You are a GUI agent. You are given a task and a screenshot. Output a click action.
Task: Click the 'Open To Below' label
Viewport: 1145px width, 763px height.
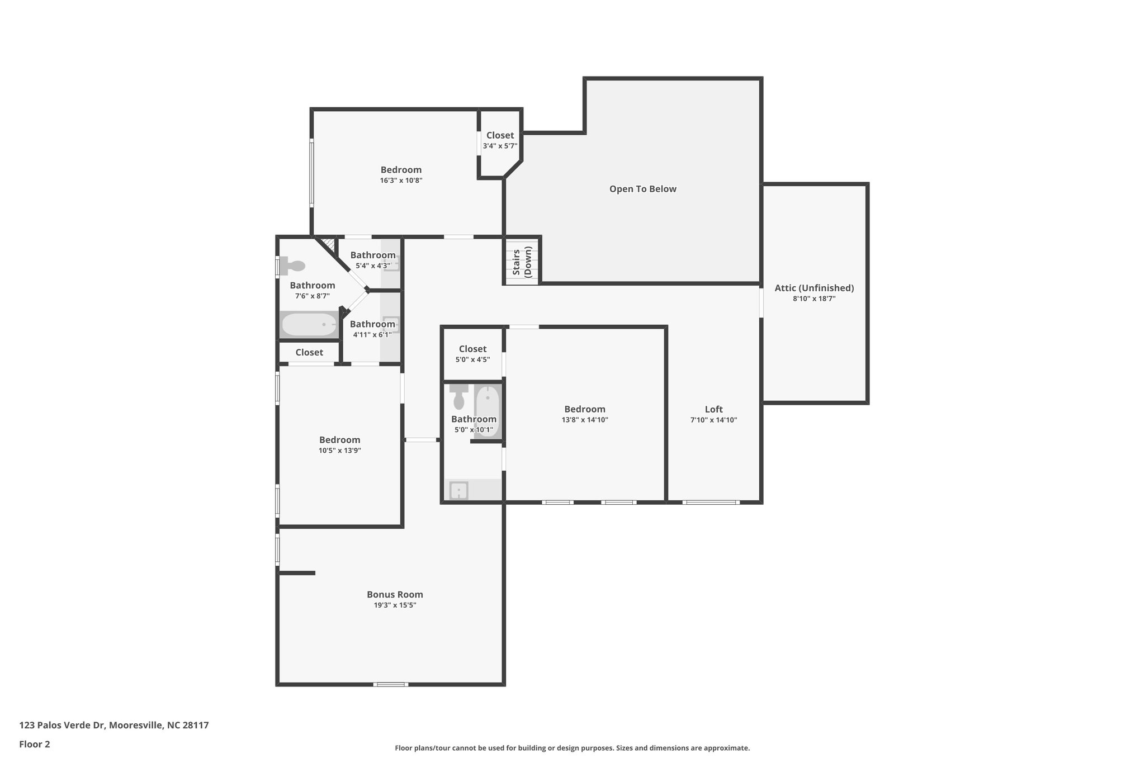[x=642, y=189]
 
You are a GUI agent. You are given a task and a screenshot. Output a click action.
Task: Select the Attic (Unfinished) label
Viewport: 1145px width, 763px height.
[x=814, y=288]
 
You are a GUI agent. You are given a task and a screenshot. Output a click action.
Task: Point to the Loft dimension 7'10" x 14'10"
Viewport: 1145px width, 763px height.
[x=713, y=420]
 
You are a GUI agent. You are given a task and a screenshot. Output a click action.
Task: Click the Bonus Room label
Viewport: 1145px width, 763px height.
[x=395, y=594]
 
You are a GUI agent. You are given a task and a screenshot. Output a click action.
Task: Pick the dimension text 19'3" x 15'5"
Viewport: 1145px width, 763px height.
[x=395, y=605]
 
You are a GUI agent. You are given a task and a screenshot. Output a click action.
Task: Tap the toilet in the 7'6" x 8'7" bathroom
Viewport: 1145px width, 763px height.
[x=292, y=265]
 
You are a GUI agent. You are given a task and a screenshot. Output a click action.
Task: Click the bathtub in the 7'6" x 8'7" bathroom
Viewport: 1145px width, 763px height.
[x=309, y=324]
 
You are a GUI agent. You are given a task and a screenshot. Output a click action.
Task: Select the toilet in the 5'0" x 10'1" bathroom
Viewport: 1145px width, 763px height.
[x=459, y=396]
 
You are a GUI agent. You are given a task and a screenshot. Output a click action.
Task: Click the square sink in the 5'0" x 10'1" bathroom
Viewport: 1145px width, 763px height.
[x=459, y=491]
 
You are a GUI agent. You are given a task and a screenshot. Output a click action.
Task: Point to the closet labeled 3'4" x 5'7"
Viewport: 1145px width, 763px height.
[x=500, y=140]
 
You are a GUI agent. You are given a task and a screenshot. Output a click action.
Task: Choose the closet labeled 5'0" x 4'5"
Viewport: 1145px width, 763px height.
[x=472, y=354]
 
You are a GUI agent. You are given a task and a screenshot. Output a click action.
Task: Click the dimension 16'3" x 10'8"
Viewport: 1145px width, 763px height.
[x=401, y=181]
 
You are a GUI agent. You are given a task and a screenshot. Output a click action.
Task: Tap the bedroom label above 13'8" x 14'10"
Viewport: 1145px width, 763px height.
[x=584, y=409]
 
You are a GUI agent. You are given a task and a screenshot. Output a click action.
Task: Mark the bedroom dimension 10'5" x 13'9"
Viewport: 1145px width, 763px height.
[x=339, y=451]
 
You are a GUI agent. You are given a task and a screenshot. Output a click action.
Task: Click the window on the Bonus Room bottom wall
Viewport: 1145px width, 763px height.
[x=391, y=684]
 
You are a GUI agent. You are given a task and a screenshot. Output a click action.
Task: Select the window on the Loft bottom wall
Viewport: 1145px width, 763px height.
[x=711, y=502]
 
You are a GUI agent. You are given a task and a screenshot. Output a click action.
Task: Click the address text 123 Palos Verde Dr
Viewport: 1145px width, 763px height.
[x=62, y=725]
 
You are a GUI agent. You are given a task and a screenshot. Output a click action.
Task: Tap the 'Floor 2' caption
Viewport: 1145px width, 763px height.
[x=35, y=744]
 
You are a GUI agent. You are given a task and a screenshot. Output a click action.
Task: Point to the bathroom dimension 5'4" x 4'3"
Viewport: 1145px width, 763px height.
[x=372, y=266]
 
